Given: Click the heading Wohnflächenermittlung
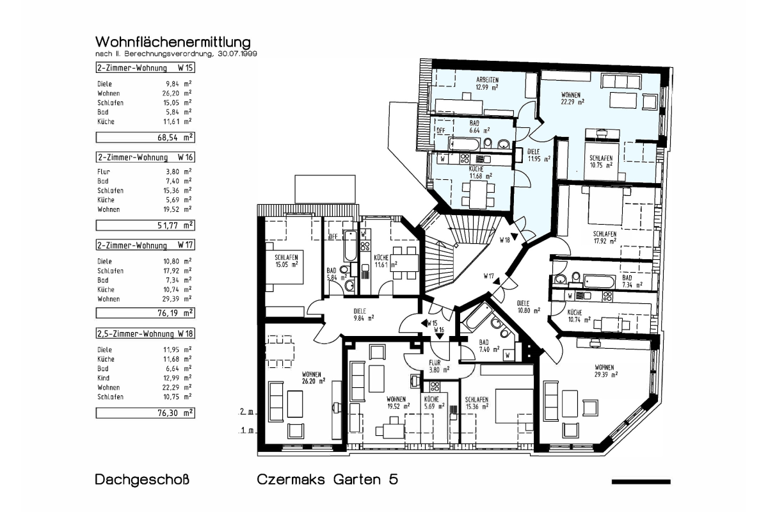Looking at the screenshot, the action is click(x=173, y=42).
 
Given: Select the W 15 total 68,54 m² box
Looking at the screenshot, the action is click(x=145, y=138).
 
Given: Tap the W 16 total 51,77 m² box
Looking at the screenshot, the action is click(x=145, y=225).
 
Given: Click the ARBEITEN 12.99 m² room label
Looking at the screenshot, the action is click(x=487, y=84).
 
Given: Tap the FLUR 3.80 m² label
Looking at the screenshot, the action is click(x=439, y=366).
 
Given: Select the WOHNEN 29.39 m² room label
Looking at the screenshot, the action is click(x=606, y=371).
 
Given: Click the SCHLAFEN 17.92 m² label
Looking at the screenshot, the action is click(x=605, y=237).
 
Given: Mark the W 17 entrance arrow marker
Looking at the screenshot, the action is click(x=497, y=282).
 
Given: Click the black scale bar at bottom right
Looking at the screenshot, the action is click(x=641, y=482).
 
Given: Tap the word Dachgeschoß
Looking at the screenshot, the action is click(x=142, y=480).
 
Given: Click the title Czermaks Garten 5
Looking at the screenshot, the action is click(x=328, y=479).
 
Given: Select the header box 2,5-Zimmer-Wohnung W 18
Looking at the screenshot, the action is click(x=145, y=333).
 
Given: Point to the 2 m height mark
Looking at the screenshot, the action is click(x=246, y=412).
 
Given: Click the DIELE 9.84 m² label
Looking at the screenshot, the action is click(x=364, y=314).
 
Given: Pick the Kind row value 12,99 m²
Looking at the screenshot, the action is click(x=177, y=378).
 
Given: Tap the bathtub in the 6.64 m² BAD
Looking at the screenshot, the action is click(x=464, y=144).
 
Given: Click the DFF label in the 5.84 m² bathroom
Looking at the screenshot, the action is click(x=333, y=237).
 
